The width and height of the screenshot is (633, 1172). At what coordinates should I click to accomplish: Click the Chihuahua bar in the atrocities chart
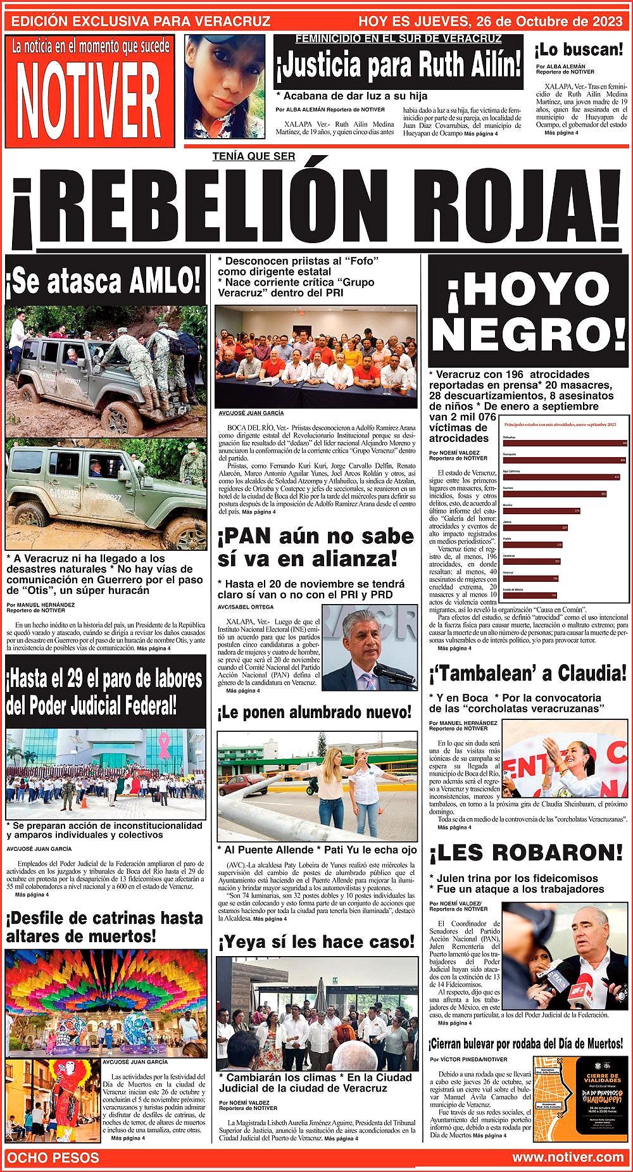click(x=563, y=443)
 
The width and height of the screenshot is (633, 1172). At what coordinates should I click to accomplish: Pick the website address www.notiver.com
click(x=568, y=1157)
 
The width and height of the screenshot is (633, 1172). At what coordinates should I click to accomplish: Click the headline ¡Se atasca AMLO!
click(x=104, y=279)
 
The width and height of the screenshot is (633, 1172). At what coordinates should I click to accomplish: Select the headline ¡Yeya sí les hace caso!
click(x=316, y=942)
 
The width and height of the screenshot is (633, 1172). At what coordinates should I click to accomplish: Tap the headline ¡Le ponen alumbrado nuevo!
click(x=315, y=713)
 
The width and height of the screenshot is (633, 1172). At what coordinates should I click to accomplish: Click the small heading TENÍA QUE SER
click(x=254, y=158)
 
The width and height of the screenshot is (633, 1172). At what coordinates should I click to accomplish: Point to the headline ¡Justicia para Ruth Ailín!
click(x=399, y=65)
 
